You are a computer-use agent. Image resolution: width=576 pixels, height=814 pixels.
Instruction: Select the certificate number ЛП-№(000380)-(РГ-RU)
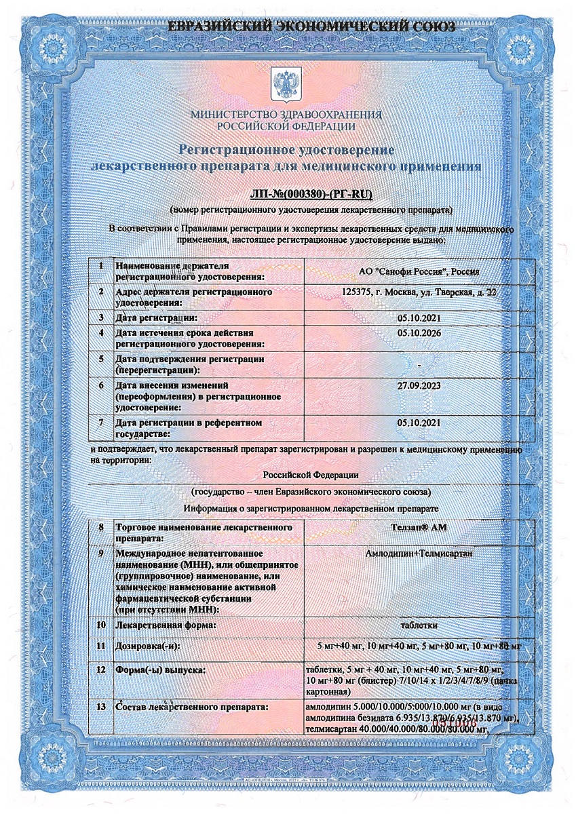click(x=311, y=195)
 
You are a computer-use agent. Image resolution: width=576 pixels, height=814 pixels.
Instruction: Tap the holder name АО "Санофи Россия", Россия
click(x=419, y=271)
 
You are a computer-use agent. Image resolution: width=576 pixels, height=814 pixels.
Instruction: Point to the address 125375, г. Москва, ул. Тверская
click(x=421, y=292)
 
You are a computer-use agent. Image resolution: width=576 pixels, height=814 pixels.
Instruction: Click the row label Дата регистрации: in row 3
click(x=157, y=317)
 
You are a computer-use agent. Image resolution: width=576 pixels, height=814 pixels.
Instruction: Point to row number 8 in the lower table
click(x=100, y=527)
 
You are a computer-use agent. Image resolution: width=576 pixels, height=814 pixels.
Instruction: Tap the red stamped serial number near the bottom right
click(x=479, y=724)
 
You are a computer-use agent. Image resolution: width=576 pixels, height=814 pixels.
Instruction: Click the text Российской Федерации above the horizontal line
click(x=311, y=476)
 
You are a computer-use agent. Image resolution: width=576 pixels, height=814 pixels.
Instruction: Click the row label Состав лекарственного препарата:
click(x=193, y=708)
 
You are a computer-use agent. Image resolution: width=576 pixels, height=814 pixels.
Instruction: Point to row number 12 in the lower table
click(x=100, y=670)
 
